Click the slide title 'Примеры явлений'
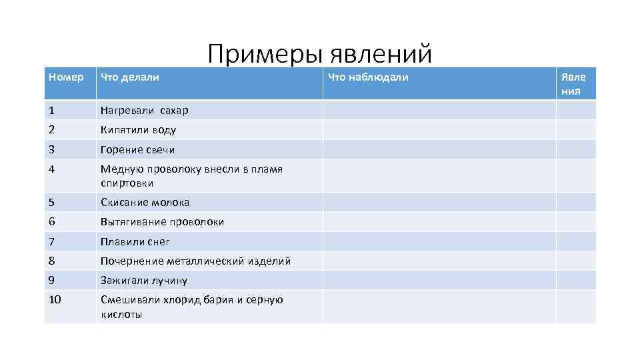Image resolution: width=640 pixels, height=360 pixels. [319, 53]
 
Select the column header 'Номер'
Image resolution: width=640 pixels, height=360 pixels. [67, 77]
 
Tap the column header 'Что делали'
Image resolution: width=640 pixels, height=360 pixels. [130, 77]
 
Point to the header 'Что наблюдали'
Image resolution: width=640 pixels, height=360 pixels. [368, 77]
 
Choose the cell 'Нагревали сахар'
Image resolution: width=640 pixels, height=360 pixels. [145, 110]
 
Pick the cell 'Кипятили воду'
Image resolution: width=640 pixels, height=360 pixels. [138, 130]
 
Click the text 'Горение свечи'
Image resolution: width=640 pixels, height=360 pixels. [137, 149]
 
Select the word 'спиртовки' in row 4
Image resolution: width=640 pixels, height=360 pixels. [127, 183]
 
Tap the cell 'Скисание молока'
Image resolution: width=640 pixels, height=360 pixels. [145, 202]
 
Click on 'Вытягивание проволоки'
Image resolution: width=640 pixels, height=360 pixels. [162, 221]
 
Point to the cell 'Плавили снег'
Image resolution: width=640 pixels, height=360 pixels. [135, 241]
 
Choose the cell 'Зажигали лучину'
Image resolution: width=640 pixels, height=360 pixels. [144, 281]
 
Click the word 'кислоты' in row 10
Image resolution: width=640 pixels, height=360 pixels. [121, 314]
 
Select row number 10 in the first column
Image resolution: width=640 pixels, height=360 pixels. [55, 300]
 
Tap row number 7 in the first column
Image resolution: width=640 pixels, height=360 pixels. [52, 241]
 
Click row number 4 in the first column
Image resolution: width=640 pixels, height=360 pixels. [52, 169]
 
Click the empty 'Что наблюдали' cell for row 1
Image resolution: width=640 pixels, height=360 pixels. [439, 110]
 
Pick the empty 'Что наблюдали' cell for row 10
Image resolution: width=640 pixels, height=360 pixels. [439, 307]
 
